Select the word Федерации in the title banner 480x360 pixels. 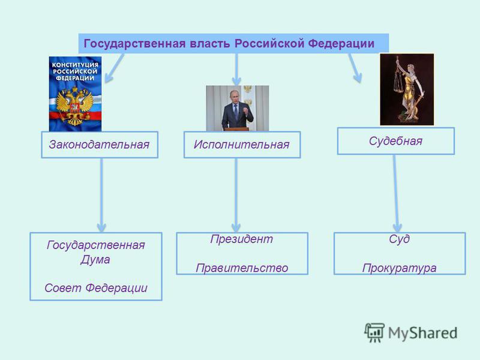click(x=341, y=44)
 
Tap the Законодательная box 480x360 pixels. click(x=100, y=145)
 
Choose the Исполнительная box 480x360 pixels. click(x=242, y=145)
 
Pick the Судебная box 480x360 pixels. click(x=396, y=141)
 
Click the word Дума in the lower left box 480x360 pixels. click(x=95, y=260)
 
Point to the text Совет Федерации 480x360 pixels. click(x=96, y=288)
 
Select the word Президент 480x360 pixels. click(x=242, y=239)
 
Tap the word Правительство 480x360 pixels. click(x=242, y=268)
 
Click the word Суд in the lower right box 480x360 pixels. click(x=399, y=239)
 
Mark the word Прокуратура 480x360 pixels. click(x=399, y=268)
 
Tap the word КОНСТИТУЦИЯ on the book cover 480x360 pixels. click(x=75, y=65)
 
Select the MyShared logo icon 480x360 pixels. click(x=374, y=332)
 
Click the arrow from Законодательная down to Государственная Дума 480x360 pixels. click(x=101, y=196)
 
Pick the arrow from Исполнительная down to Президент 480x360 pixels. click(x=236, y=196)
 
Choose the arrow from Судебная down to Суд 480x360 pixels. click(x=396, y=193)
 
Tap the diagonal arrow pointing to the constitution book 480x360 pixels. click(x=115, y=68)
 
